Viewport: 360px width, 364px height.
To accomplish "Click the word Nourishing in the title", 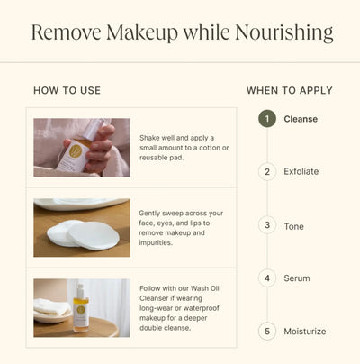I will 283,34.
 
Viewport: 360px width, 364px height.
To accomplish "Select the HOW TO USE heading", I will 67,91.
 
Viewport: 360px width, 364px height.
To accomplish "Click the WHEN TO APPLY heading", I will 290,91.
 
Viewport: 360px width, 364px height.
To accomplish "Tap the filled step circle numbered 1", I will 266,118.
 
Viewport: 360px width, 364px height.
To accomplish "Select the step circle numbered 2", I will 266,171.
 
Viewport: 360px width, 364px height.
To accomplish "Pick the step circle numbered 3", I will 266,225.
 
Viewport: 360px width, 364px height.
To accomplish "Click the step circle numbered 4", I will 266,278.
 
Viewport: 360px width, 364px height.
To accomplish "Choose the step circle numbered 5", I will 266,332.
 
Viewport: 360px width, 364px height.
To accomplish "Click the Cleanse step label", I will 301,118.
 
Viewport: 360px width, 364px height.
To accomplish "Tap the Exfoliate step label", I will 301,171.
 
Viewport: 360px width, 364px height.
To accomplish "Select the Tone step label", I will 293,225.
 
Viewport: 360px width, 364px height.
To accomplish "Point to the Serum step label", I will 296,278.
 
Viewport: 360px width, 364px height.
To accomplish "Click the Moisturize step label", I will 305,332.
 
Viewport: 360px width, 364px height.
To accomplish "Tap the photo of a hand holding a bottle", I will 82,147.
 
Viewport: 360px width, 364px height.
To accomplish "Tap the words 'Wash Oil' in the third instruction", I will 215,287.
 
